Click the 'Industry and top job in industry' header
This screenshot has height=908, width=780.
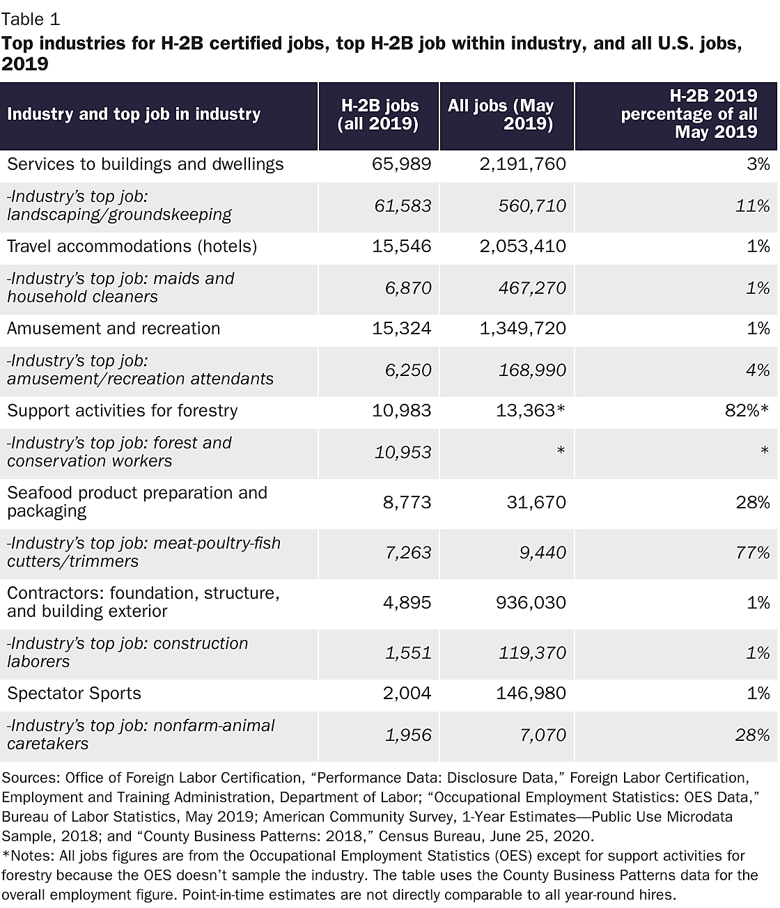(x=134, y=114)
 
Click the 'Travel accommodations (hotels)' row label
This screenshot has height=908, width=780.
(x=132, y=246)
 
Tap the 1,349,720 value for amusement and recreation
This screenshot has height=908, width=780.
(x=523, y=329)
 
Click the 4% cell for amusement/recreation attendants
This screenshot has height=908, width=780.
(x=758, y=370)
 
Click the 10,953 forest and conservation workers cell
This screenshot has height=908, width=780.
(x=402, y=453)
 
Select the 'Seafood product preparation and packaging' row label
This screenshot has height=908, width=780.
(x=137, y=502)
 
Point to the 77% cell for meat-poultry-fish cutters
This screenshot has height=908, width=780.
(x=753, y=553)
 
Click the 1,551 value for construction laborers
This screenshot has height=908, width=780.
(x=408, y=653)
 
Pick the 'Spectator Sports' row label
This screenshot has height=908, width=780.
(x=74, y=694)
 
